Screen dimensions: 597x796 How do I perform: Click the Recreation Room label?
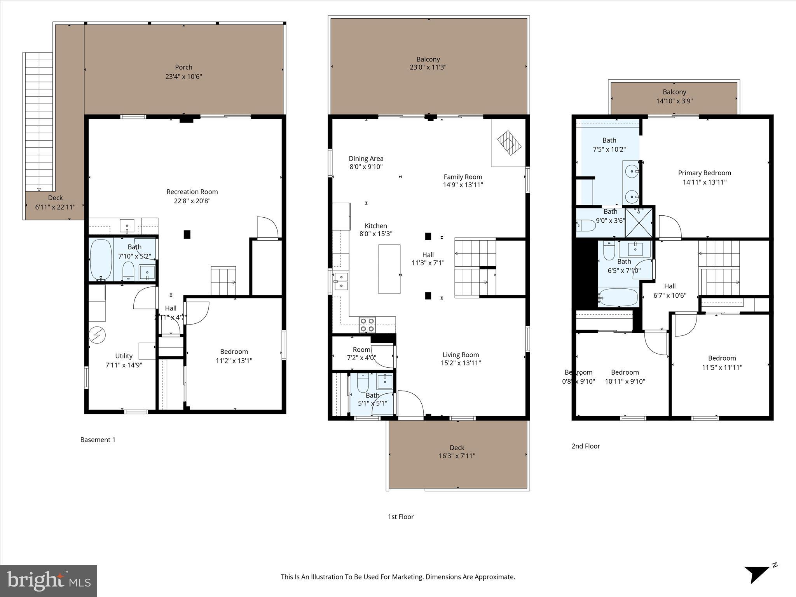click(x=192, y=192)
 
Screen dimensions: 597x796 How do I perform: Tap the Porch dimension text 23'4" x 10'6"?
click(x=183, y=77)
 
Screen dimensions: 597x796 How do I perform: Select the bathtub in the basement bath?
click(x=101, y=260)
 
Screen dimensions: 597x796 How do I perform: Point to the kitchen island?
click(x=389, y=269)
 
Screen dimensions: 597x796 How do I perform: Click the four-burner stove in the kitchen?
click(x=367, y=325)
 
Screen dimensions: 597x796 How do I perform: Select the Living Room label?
click(x=461, y=355)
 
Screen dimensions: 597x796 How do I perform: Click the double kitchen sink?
click(x=341, y=281)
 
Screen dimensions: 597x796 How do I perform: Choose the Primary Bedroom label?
click(x=704, y=173)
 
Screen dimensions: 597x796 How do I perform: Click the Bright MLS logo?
click(x=49, y=581)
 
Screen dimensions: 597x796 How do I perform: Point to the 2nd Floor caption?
click(x=585, y=446)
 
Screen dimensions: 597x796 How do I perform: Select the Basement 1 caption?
click(x=98, y=440)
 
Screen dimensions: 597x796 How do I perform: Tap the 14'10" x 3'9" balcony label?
click(x=674, y=101)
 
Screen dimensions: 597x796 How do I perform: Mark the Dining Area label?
click(x=366, y=159)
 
